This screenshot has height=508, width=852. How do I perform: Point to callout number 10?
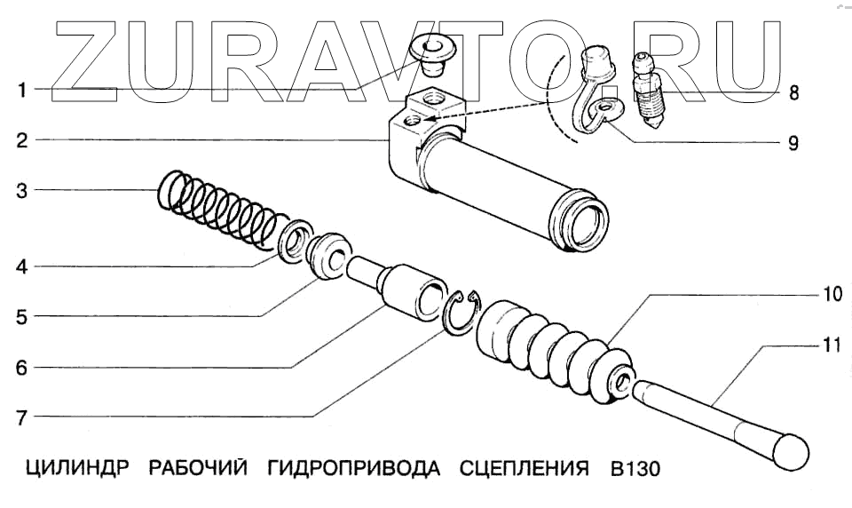[x=829, y=294]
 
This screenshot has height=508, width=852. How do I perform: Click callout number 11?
[x=829, y=345]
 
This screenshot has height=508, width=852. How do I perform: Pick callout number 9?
[x=793, y=142]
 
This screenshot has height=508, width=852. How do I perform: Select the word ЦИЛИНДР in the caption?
[x=74, y=468]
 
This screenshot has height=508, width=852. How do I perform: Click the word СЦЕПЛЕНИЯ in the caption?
[x=525, y=468]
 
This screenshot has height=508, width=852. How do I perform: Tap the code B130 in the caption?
[x=635, y=468]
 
